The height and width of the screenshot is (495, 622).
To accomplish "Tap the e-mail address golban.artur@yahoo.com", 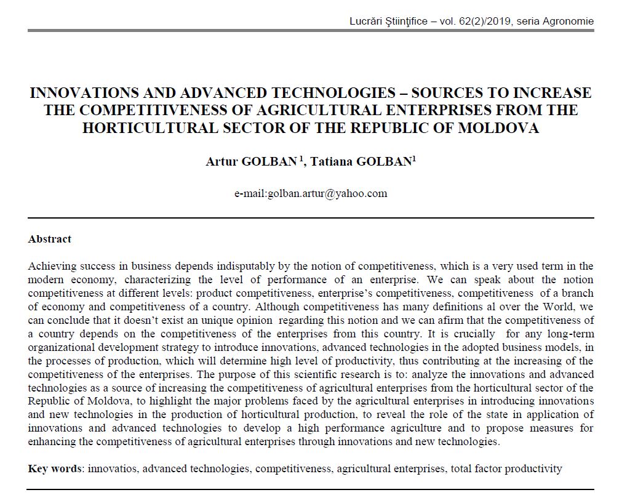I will [327, 193].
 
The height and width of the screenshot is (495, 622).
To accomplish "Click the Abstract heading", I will [50, 239].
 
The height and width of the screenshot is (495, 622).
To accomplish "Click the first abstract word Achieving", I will [52, 267].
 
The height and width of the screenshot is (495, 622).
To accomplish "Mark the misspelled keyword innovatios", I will [114, 469].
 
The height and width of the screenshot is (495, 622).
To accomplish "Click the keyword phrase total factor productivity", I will [506, 469].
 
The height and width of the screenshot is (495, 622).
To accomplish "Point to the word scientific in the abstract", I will [425, 374].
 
